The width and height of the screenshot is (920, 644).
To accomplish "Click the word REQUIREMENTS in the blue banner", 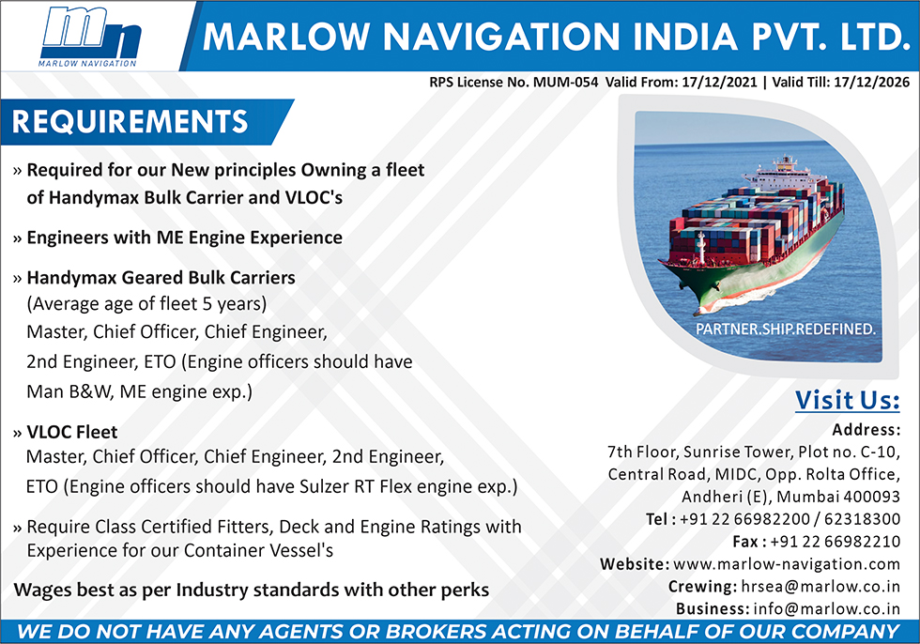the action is [130, 122].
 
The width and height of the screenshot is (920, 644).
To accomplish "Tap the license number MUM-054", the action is [565, 82].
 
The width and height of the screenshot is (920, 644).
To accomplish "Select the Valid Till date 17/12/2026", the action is [871, 82].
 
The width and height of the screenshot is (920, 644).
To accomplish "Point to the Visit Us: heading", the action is [847, 400].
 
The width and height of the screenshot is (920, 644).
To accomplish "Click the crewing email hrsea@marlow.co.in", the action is [820, 587].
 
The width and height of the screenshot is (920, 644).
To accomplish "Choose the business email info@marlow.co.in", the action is [827, 609].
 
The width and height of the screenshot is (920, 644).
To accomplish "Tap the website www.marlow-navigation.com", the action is [787, 564].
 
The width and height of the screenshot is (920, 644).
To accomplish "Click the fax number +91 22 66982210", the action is [835, 542].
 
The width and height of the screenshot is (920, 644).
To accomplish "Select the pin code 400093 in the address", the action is [871, 497].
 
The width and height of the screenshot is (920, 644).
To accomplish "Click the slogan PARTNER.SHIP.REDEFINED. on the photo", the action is [785, 329].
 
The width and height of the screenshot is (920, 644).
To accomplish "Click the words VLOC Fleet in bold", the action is [72, 432].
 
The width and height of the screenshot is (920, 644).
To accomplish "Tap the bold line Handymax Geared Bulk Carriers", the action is [161, 278].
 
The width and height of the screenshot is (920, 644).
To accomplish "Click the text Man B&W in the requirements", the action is [68, 391].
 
